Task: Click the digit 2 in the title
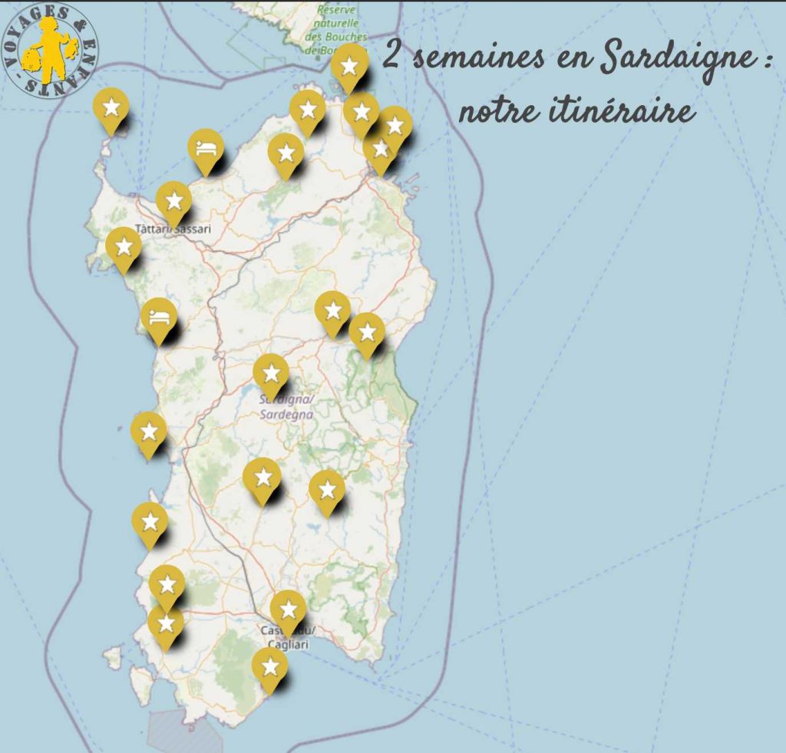[x=391, y=58]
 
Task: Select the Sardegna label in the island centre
[x=285, y=414]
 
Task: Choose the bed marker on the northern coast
[x=206, y=150]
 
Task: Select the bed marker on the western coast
[x=159, y=317]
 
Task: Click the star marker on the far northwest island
[x=111, y=107]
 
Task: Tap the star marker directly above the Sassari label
[x=173, y=201]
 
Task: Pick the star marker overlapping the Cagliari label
[x=288, y=610]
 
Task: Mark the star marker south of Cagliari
[x=269, y=666]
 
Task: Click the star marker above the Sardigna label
[x=271, y=373]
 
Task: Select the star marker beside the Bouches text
[x=349, y=66]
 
